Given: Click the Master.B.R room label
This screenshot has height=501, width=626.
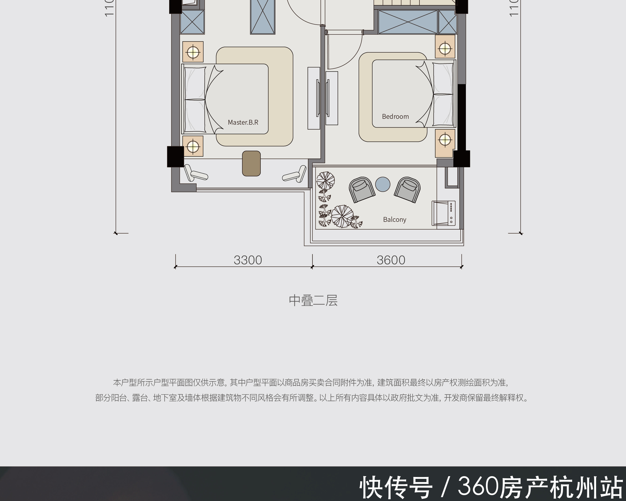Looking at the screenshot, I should pos(243,122).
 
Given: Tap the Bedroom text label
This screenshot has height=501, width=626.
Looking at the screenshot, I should pos(395,116).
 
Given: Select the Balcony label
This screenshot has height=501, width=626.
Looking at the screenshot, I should pos(394,219).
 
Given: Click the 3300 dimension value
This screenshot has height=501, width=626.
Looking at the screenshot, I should pos(248,260).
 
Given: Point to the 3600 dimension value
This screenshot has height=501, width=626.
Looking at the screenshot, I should pos(391,260).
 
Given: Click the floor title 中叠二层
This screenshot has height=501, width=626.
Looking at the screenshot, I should pos(313,300).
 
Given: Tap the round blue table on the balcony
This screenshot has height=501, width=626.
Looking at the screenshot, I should pos(382,184).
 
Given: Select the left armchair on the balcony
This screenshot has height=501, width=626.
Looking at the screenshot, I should pos(362,189).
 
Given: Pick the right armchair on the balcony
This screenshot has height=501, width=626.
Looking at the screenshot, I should pos(407,189).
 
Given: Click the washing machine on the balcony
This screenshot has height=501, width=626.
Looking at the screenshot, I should pos(443,213).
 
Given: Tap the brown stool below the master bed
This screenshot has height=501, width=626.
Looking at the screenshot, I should pos(251,163).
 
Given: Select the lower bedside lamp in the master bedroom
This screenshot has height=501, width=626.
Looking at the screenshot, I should pos(193,146).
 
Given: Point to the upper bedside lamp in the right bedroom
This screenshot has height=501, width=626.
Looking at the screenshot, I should pos(445,48).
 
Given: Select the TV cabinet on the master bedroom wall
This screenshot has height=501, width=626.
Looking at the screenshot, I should pos(314,98).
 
